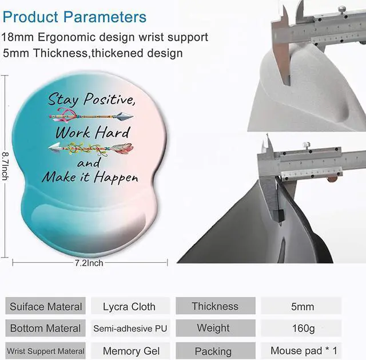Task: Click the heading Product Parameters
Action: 74,17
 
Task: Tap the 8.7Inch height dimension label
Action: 5,166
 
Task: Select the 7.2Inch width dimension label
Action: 89,263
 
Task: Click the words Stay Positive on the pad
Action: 91,99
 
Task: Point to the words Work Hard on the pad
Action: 93,132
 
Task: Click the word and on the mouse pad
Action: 89,163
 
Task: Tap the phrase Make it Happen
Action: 90,177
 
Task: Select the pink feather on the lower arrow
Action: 122,148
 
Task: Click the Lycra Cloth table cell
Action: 129,307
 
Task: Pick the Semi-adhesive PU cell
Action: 130,329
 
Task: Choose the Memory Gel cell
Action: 131,351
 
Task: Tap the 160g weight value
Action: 303,329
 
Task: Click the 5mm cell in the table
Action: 303,307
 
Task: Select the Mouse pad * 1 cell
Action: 304,351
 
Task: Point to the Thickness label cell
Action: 215,306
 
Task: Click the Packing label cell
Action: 213,351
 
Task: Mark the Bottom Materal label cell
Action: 46,328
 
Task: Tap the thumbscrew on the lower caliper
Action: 307,145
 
